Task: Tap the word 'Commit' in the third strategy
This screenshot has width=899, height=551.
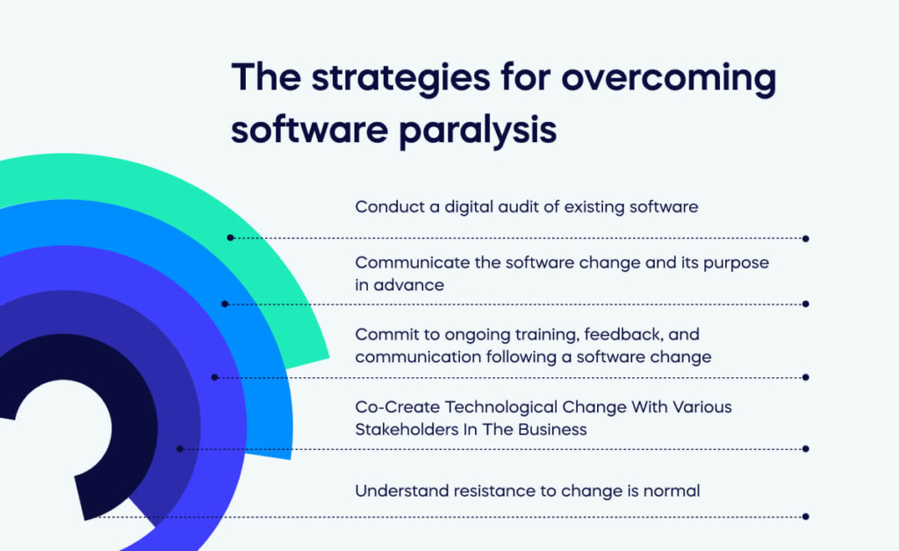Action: click(383, 335)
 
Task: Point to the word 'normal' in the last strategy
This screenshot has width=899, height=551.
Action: click(672, 491)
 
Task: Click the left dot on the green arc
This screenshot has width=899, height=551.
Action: click(230, 238)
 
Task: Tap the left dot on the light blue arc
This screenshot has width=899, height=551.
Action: click(225, 304)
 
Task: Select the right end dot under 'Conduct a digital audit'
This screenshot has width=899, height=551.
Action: click(806, 238)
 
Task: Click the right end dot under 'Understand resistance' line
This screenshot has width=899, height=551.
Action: click(806, 517)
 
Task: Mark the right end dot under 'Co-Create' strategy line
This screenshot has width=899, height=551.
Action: click(806, 448)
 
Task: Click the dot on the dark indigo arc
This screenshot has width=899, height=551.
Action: click(180, 448)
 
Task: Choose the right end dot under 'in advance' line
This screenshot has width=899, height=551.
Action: click(806, 304)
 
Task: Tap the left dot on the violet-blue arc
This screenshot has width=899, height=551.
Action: click(215, 377)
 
